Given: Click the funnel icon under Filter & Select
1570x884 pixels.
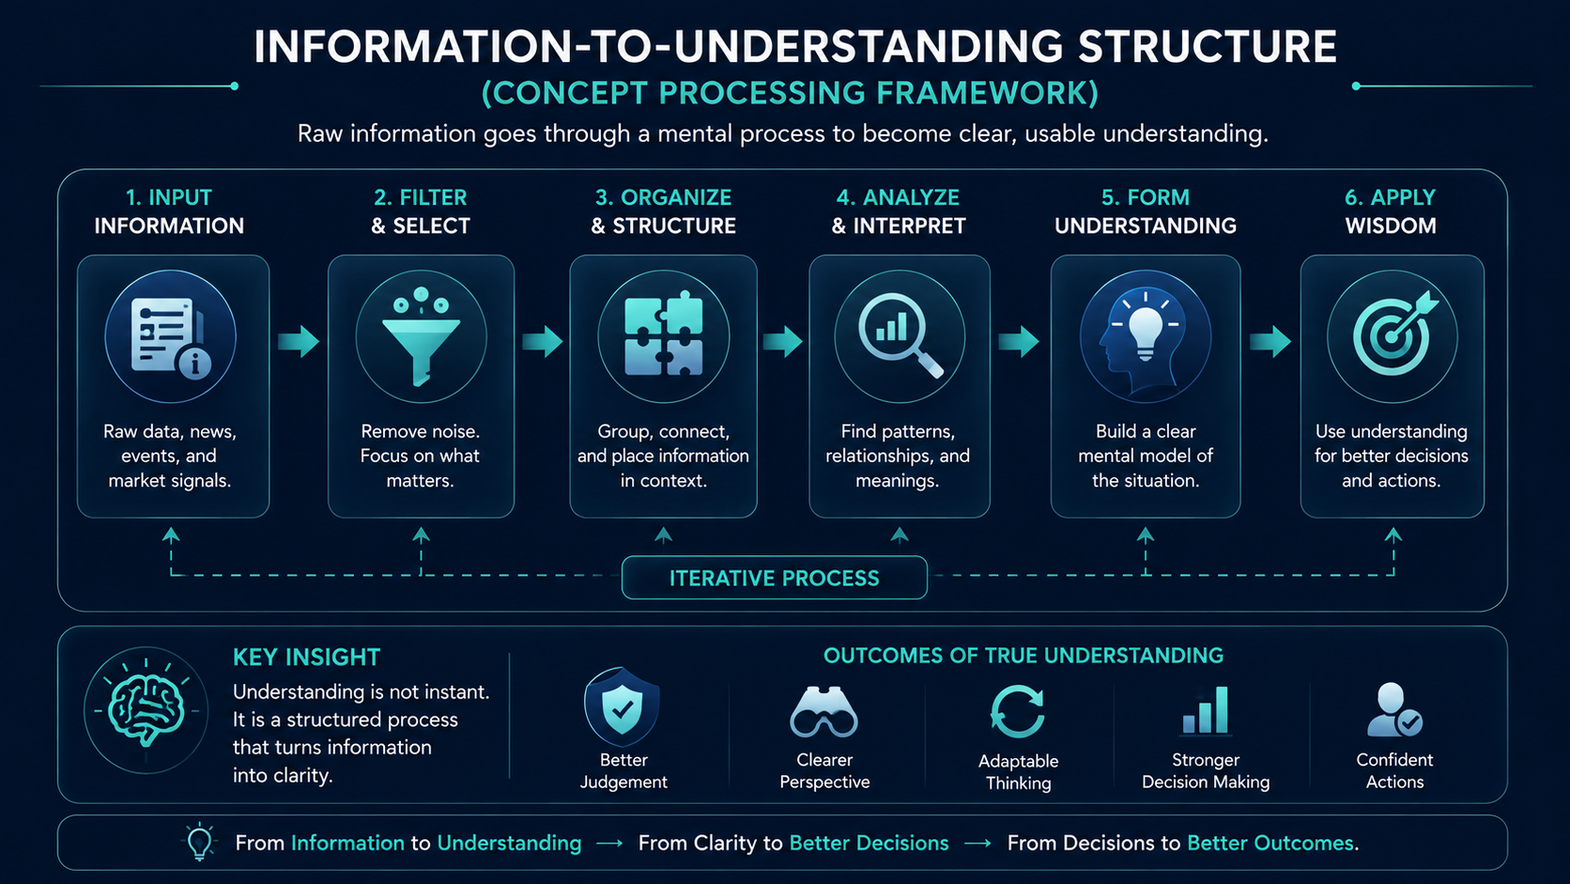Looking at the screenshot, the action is coord(421,336).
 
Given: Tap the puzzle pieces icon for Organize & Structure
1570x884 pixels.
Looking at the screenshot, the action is coord(663,333).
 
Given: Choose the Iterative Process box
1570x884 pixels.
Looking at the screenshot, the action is coord(775,578).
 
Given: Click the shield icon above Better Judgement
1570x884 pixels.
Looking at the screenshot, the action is coord(622,706).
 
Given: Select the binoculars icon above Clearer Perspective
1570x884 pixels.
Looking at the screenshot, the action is coord(823,712).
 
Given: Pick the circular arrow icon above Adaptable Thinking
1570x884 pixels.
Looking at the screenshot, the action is coord(1018,711).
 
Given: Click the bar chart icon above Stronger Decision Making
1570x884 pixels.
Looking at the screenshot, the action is coord(1206,711).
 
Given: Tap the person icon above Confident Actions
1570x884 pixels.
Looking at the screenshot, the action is coord(1394,709).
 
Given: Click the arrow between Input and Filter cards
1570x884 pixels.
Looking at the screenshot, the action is coord(299,341).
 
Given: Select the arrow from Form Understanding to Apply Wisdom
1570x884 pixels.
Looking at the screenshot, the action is coord(1270,341).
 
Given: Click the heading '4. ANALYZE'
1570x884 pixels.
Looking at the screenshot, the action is coord(898,197).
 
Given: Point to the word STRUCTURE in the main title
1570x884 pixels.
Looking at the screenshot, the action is coord(1207,47).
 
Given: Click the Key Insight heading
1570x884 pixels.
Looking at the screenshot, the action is coord(306,657).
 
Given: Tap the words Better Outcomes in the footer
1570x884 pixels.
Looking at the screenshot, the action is coord(1270,843).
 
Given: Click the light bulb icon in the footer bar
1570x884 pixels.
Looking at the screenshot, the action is coord(200,841).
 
